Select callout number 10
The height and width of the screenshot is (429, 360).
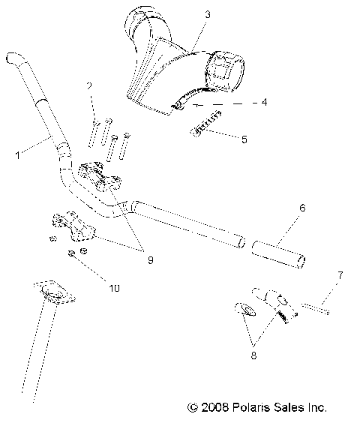pyautogui.click(x=115, y=287)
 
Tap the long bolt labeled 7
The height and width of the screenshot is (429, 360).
pyautogui.click(x=314, y=307)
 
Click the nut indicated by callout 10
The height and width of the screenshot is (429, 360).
pyautogui.click(x=72, y=254)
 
